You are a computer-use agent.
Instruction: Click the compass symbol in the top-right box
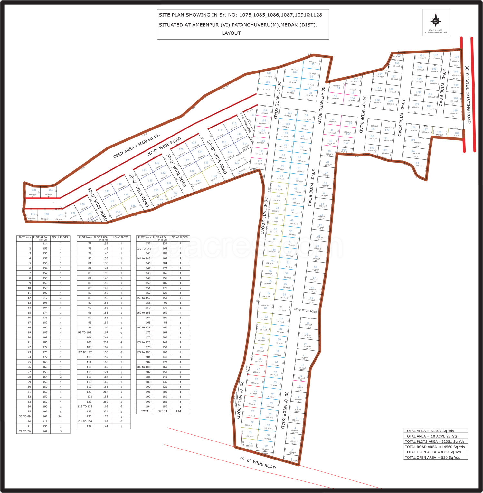(436, 21)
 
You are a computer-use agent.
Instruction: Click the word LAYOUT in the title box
(231, 33)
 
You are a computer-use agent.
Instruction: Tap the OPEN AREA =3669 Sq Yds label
(137, 146)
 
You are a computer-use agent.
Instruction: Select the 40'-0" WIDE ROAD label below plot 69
(257, 463)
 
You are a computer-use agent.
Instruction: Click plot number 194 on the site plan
(456, 57)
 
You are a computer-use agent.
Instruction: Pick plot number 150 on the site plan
(33, 190)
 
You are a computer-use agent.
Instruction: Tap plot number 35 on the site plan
(313, 64)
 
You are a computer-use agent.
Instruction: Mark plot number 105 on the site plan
(269, 73)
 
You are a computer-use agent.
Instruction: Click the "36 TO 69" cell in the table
(25, 416)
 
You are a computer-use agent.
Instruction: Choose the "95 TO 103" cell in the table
(85, 332)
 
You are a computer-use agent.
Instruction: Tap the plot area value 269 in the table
(106, 402)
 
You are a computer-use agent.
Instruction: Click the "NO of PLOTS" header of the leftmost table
(60, 237)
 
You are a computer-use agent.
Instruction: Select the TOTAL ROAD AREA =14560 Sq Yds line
(435, 447)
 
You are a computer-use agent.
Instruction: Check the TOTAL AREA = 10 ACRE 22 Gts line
(431, 436)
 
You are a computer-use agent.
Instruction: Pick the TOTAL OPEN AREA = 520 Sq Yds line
(432, 457)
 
